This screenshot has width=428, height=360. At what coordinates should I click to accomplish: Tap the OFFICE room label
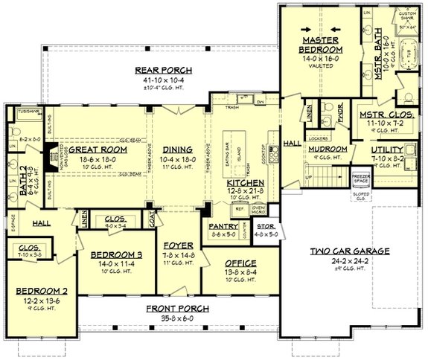[x=237, y=263]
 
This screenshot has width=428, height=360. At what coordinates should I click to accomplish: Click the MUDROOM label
[x=328, y=149]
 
